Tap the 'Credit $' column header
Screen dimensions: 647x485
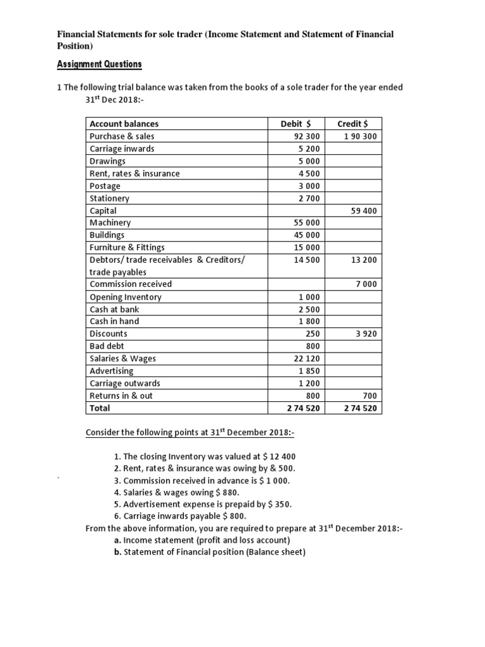pos(358,124)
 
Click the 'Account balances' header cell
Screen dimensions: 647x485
pos(124,124)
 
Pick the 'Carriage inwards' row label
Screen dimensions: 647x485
pos(122,148)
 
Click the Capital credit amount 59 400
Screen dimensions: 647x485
pos(364,211)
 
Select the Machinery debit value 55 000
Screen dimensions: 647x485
pos(308,223)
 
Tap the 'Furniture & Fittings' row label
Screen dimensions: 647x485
pos(127,248)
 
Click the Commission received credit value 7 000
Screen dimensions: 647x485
pos(367,285)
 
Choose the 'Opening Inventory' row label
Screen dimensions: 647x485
pos(126,297)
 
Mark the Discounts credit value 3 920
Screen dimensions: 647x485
pos(367,334)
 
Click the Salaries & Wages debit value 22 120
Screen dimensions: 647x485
pos(308,359)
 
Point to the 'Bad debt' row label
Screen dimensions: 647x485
pos(107,346)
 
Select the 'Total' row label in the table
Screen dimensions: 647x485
pos(100,408)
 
